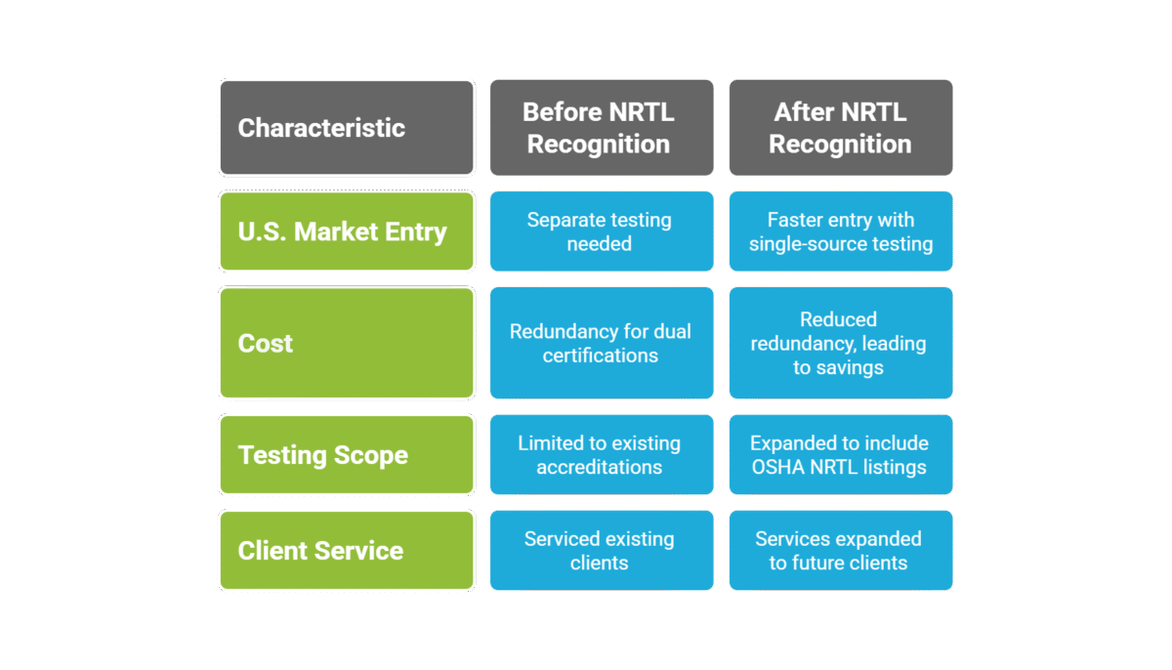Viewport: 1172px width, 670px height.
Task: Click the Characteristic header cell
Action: [x=346, y=128]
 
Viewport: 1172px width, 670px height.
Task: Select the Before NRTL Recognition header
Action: [x=599, y=128]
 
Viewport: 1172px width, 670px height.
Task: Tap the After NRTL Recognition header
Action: [x=840, y=128]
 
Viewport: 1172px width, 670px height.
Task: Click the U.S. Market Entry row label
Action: [x=346, y=231]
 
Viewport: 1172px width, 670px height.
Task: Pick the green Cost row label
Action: [x=346, y=343]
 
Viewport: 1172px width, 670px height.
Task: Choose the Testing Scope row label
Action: [x=346, y=455]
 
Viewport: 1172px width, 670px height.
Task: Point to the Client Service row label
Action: [x=346, y=550]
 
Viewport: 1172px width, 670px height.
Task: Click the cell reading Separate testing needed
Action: [x=599, y=231]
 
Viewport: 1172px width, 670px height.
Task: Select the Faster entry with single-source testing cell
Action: [x=840, y=231]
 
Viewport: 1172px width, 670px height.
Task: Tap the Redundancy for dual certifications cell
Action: [x=599, y=343]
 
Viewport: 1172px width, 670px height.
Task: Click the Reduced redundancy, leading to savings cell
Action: [x=840, y=343]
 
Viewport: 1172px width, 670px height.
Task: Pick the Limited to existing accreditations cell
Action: [x=599, y=455]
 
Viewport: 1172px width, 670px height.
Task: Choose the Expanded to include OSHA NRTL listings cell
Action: [x=840, y=455]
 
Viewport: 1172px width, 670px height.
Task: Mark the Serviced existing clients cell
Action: [x=599, y=550]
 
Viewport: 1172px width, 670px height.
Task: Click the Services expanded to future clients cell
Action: [x=840, y=550]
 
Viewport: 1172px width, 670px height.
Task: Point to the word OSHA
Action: [x=778, y=467]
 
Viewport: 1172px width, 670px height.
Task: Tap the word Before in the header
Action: [x=560, y=112]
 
